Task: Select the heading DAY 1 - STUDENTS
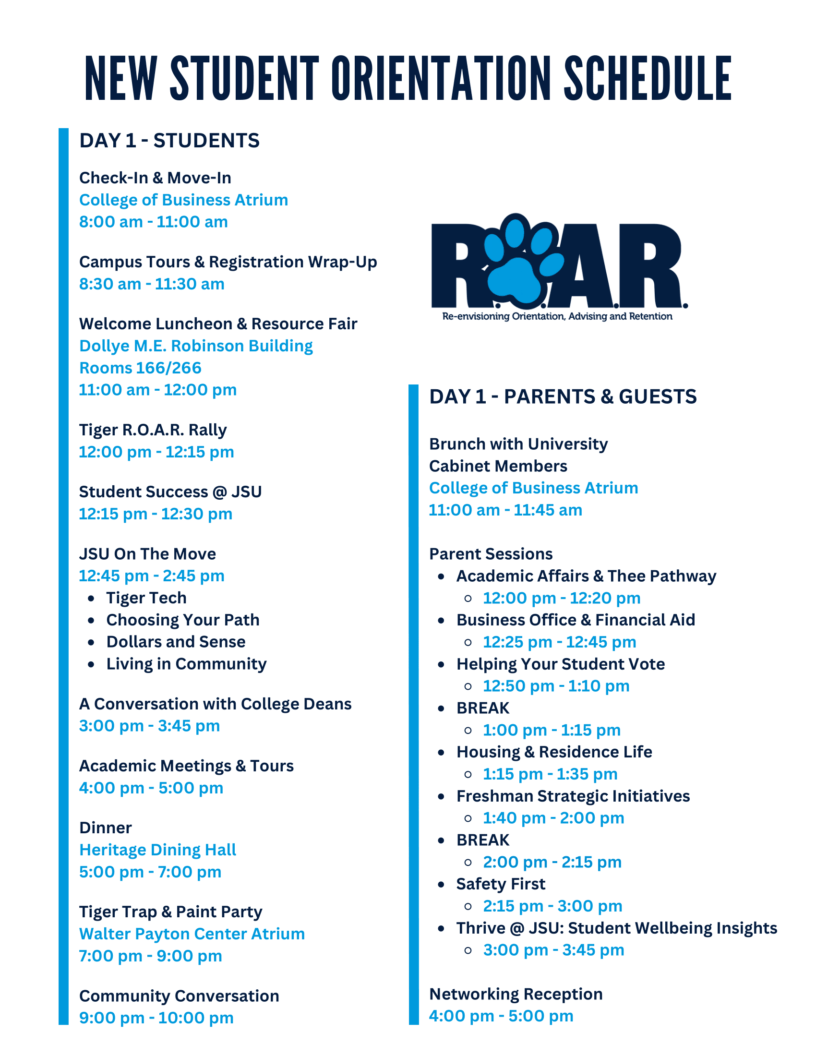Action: pyautogui.click(x=169, y=141)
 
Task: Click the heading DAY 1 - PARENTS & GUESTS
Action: pyautogui.click(x=563, y=396)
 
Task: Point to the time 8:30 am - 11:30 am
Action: pyautogui.click(x=152, y=284)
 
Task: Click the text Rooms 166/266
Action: pyautogui.click(x=140, y=368)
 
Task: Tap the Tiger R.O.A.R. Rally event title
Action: pyautogui.click(x=153, y=430)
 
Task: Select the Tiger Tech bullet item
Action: pyautogui.click(x=146, y=598)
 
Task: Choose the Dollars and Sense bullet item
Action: pyautogui.click(x=176, y=642)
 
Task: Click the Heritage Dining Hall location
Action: pyautogui.click(x=157, y=850)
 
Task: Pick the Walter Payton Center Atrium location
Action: pyautogui.click(x=192, y=934)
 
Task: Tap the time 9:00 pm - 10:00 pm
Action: pyautogui.click(x=156, y=1018)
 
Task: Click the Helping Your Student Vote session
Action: pyautogui.click(x=560, y=664)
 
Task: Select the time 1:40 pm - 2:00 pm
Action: pyautogui.click(x=553, y=818)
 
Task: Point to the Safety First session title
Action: pyautogui.click(x=500, y=884)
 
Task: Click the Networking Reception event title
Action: pyautogui.click(x=516, y=994)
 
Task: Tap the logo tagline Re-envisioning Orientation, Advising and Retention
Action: pyautogui.click(x=557, y=316)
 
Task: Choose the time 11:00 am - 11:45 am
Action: pyautogui.click(x=505, y=510)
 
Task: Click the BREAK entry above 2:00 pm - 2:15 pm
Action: pyautogui.click(x=482, y=840)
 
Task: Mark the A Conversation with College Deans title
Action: pyautogui.click(x=215, y=704)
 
